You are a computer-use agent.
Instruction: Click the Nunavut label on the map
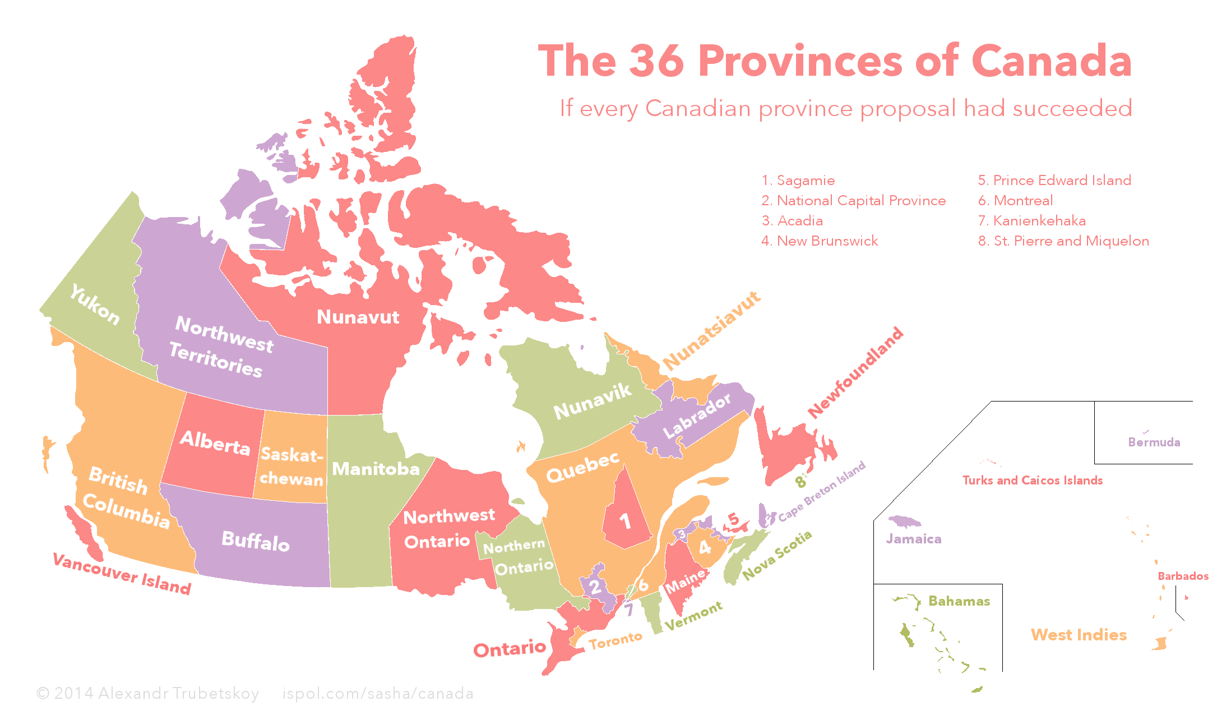(x=358, y=317)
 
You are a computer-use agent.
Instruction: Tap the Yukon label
(x=95, y=305)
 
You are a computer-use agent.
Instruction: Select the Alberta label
(x=215, y=442)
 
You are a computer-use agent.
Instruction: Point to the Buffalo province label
(x=256, y=541)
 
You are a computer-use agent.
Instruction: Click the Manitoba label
(x=376, y=469)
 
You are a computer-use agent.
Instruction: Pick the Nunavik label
(x=592, y=402)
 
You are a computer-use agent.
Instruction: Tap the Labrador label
(x=697, y=416)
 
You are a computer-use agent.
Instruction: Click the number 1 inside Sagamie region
(x=625, y=522)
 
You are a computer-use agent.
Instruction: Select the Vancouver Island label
(x=122, y=574)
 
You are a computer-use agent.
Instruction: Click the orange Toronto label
(x=615, y=640)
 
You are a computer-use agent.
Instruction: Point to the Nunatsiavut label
(x=712, y=331)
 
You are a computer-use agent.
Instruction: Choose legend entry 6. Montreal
(x=1015, y=201)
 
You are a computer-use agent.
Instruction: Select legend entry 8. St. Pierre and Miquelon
(x=1063, y=241)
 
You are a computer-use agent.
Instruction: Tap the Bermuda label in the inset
(x=1154, y=442)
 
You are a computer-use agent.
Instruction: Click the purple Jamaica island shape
(x=904, y=522)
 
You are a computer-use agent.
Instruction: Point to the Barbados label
(x=1183, y=576)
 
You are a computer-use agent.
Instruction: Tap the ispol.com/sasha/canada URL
(x=378, y=694)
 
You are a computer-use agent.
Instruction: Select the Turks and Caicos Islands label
(x=1032, y=481)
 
